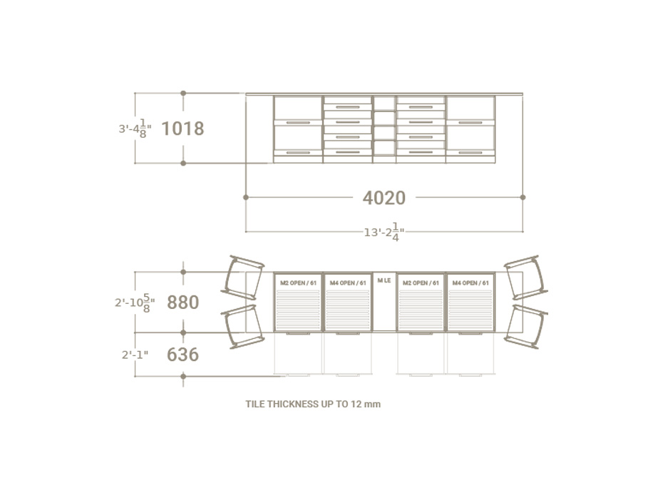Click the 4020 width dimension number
pos(384,198)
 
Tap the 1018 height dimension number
pos(183,128)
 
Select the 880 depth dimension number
pos(183,302)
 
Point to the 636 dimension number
pos(183,354)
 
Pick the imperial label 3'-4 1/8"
pos(135,129)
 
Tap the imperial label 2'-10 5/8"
pos(135,303)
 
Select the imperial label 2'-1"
pos(135,354)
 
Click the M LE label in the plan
pos(384,280)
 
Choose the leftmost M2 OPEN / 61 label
pos(298,283)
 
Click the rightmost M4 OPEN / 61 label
pos(471,283)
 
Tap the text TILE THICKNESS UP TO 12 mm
pos(313,404)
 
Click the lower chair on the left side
pos(240,326)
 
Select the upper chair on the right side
pos(525,277)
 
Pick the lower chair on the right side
pos(525,326)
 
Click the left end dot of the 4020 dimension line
pos(246,197)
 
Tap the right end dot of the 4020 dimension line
pos(523,197)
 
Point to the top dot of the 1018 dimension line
pos(183,93)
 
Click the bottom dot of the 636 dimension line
pos(183,375)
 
